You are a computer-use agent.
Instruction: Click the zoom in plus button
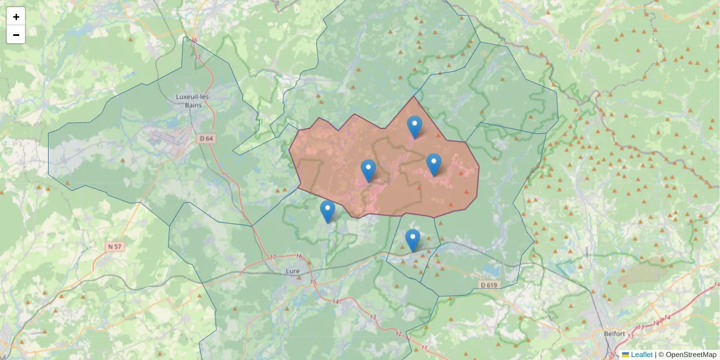[x=16, y=17]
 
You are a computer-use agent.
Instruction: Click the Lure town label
[x=293, y=271]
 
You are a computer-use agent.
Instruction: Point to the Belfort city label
[x=615, y=334]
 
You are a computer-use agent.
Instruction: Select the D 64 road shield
[x=206, y=139]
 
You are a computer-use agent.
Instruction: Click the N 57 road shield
[x=115, y=247]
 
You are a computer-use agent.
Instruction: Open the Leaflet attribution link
[x=641, y=355]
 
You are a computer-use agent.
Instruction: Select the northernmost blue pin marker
[x=414, y=126]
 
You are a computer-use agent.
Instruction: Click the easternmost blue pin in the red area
[x=433, y=164]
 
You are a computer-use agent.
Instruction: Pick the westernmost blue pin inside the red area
[x=368, y=170]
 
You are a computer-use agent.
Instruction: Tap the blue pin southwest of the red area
[x=327, y=211]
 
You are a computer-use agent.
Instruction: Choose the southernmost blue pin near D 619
[x=412, y=239]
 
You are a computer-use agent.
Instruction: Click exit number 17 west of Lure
[x=273, y=257]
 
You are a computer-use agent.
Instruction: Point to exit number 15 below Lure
[x=313, y=282]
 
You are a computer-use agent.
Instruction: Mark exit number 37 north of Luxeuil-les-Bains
[x=199, y=58]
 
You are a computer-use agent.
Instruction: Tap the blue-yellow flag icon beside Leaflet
[x=626, y=355]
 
